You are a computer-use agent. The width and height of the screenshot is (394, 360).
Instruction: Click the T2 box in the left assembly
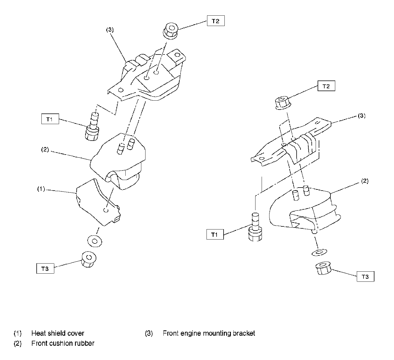click(216, 21)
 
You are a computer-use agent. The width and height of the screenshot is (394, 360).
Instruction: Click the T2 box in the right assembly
click(326, 86)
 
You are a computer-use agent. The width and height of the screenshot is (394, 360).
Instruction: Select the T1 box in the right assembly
click(215, 234)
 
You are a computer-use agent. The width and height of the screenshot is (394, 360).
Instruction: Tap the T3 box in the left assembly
click(45, 269)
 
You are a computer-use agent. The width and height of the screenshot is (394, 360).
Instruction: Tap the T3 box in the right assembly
click(365, 277)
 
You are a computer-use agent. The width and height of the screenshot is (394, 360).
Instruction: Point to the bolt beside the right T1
click(255, 227)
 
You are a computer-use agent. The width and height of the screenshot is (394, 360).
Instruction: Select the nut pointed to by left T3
click(89, 259)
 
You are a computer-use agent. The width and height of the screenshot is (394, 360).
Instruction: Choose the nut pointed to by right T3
click(323, 269)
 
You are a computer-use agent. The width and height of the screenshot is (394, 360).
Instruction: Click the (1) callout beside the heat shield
click(41, 189)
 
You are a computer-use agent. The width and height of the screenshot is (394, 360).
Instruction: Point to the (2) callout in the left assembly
click(45, 150)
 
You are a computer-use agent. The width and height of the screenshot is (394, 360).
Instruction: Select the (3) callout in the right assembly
click(362, 116)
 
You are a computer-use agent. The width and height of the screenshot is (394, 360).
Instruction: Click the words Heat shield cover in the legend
click(58, 333)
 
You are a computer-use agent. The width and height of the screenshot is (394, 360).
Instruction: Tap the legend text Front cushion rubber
click(63, 343)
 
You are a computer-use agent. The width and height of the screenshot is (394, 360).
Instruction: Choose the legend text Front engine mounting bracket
click(209, 333)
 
